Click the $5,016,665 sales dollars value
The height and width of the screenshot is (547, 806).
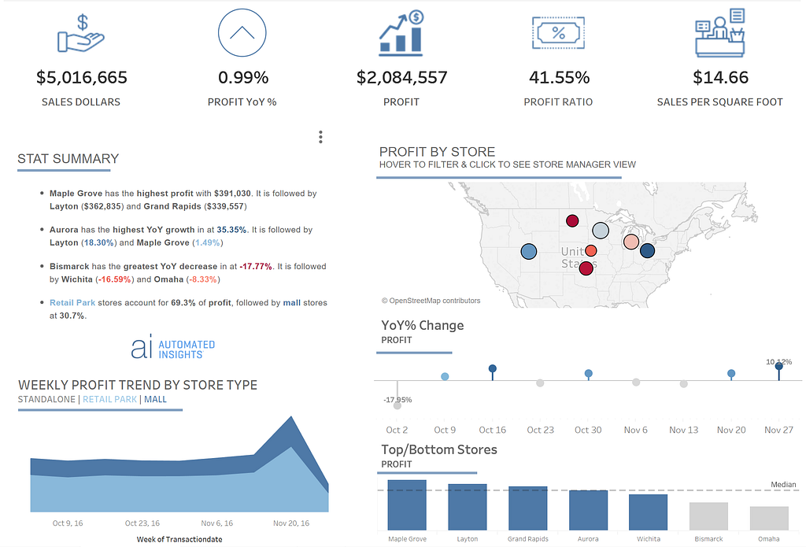(82, 78)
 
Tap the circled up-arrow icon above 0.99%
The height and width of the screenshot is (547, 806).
(242, 33)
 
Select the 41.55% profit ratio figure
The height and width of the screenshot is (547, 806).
(558, 78)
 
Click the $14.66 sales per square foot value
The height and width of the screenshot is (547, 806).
(720, 78)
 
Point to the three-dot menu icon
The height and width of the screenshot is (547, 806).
(320, 137)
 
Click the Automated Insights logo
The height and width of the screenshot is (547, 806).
(173, 348)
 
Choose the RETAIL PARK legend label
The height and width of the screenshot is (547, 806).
(110, 399)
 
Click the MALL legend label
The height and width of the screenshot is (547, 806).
(155, 399)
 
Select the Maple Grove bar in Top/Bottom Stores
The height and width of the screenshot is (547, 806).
(407, 504)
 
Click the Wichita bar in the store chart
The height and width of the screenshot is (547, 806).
(648, 512)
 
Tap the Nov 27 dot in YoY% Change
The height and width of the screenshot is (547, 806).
(779, 365)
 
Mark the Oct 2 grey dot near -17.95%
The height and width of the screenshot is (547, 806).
(397, 405)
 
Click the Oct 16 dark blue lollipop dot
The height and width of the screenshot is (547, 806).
(493, 368)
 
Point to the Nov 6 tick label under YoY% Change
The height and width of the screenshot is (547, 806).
(635, 430)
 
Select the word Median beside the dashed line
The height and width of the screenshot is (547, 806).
(782, 485)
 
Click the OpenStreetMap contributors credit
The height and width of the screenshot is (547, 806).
(431, 301)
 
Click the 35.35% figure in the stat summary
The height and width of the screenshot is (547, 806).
(233, 230)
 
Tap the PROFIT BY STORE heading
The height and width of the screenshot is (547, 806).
(437, 152)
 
